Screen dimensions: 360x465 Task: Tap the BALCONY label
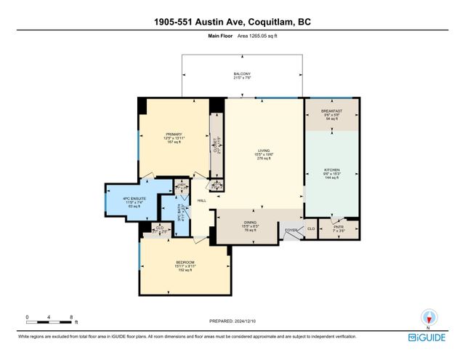tap(242, 74)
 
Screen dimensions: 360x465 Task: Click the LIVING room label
tap(263, 151)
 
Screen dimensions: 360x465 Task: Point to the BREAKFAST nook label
tap(331, 110)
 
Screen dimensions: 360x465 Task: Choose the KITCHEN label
tap(331, 170)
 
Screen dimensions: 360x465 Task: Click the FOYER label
tap(291, 230)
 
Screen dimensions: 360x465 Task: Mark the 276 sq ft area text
tap(263, 159)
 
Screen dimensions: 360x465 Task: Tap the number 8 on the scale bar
tap(71, 317)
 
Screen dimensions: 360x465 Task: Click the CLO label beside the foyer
tap(311, 230)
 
